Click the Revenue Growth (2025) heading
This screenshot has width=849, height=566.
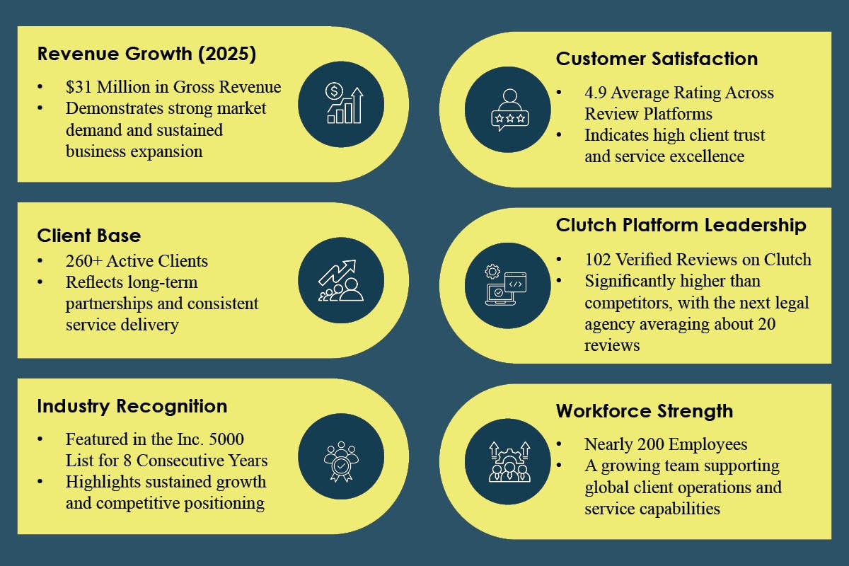[x=146, y=54]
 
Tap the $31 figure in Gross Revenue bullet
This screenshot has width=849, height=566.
[x=79, y=87]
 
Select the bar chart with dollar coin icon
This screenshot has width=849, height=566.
[x=341, y=104]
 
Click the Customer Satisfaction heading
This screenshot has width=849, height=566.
[x=657, y=59]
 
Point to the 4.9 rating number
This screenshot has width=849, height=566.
[x=596, y=93]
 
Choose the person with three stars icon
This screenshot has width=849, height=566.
[x=508, y=109]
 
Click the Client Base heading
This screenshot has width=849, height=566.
[x=89, y=236]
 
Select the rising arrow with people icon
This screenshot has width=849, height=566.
[x=341, y=280]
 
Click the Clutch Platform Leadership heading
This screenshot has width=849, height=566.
[x=681, y=225]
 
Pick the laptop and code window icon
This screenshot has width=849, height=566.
[x=507, y=285]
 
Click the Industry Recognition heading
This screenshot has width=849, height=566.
[x=132, y=406]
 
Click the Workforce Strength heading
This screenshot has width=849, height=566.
[x=644, y=411]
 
